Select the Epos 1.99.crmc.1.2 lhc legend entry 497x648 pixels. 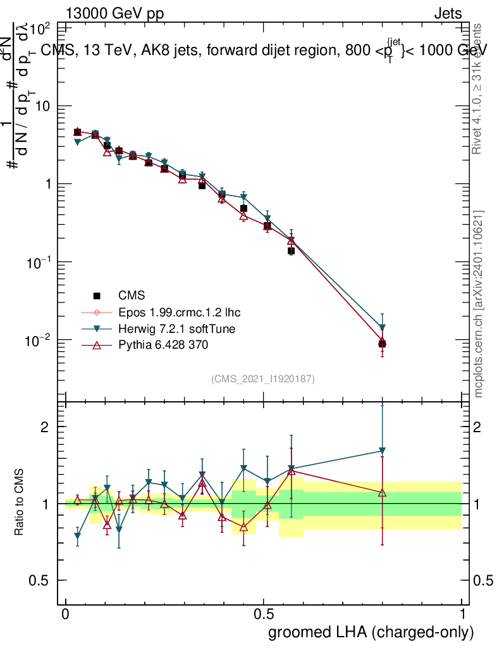pyautogui.click(x=179, y=312)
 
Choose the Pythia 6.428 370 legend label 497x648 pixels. pyautogui.click(x=163, y=345)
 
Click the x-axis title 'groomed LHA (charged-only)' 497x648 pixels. pyautogui.click(x=371, y=632)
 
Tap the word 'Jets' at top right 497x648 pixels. pyautogui.click(x=448, y=13)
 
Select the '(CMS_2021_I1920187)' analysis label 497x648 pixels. pyautogui.click(x=263, y=378)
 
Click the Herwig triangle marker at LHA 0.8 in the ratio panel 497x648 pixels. pyautogui.click(x=382, y=451)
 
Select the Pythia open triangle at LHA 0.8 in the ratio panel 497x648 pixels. pyautogui.click(x=382, y=492)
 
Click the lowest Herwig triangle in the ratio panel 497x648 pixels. pyautogui.click(x=78, y=536)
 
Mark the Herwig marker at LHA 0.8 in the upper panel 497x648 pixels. pyautogui.click(x=382, y=328)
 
